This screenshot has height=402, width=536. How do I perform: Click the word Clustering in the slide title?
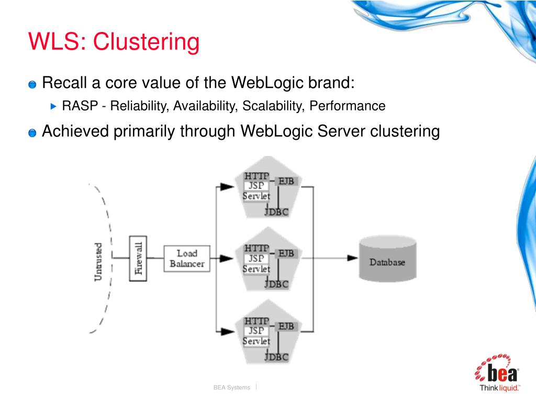coord(146,42)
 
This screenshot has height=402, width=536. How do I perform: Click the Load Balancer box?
coord(187,259)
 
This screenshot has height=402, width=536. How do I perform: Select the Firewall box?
coord(138,259)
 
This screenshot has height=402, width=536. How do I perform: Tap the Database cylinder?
coord(388,259)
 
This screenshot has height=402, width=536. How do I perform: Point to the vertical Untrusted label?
coord(98,262)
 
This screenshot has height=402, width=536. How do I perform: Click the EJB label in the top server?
coord(286,181)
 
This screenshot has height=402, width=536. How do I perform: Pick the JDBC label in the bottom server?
coord(276,357)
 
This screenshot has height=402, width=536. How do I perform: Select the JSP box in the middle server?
coord(256,259)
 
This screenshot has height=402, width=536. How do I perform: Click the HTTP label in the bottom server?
coord(256,321)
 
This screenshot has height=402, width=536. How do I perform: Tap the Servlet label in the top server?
coord(256,196)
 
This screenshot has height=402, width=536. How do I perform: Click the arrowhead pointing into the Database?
coord(352,258)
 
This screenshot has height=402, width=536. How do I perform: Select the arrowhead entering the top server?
coord(227,187)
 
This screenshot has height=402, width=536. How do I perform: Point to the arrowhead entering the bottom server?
coord(227,331)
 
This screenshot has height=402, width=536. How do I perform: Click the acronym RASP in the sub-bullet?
coord(80,106)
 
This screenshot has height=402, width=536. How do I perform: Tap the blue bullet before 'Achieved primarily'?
coord(32,132)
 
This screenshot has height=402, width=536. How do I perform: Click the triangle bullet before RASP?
coord(53,106)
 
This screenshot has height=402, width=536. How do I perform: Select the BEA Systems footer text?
coord(232,387)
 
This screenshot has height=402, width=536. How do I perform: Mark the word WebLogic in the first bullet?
coord(267,83)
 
